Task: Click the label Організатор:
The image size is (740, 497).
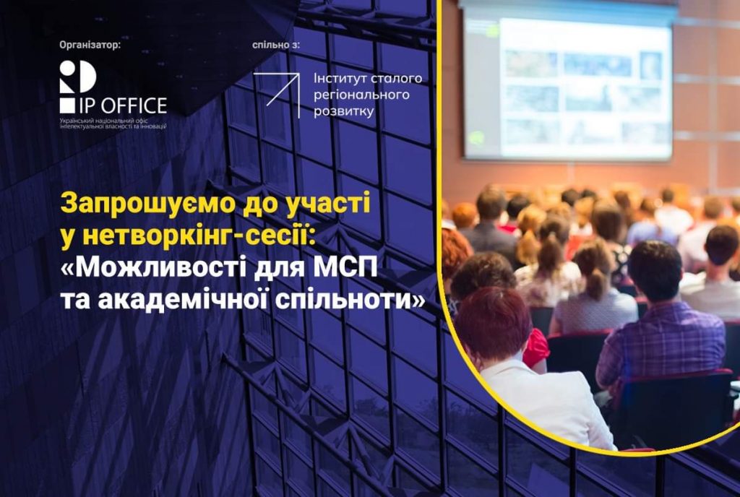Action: (90, 46)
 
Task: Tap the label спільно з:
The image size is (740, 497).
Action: (275, 46)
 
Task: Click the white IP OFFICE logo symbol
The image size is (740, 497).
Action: (78, 87)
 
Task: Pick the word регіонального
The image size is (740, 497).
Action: (361, 95)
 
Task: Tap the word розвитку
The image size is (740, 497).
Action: (343, 112)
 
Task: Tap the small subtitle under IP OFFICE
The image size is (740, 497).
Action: (113, 124)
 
